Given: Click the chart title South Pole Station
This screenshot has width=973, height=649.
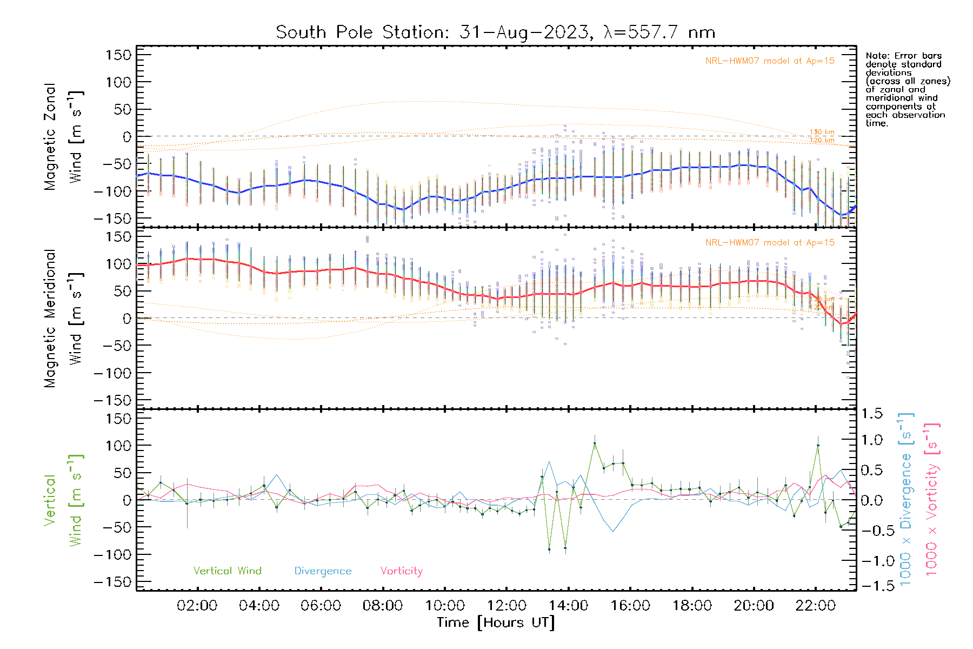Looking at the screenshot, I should pos(495,32).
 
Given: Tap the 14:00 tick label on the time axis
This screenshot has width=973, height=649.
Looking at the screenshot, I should pos(568,606).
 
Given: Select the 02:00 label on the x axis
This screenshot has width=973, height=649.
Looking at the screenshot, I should pos(197,606).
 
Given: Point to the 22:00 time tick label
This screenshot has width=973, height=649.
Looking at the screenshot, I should pos(816,606).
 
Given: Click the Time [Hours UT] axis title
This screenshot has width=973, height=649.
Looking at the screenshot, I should pos(496,623).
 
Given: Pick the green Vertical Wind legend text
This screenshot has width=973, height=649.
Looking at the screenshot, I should pos(227,571).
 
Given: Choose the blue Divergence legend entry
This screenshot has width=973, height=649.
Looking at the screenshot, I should pos(323,571).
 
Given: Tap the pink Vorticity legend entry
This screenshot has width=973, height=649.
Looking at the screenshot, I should pos(401,571).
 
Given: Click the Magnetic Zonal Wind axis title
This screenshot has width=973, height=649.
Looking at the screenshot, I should pos(63,137).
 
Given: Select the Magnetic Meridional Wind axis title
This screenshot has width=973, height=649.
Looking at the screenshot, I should pos(63,319).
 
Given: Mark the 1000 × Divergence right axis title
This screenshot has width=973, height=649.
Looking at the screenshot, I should pos(906,499).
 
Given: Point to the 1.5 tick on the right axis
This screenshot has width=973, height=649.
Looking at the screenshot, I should pos(871,414).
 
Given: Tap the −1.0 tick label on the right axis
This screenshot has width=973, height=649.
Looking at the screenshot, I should pos(871,561).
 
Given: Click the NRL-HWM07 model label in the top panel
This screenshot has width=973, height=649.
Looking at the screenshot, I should pos(770,61).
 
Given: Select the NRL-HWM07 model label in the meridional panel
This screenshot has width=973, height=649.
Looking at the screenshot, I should pos(770,243).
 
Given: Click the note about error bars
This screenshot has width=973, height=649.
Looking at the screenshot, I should pos(907,89).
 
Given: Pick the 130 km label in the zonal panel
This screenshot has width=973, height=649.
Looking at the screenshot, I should pos(822,132).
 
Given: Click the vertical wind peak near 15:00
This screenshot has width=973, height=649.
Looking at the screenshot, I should pos(595,443).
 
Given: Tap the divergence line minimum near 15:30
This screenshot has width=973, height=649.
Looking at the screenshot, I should pos(613,531).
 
